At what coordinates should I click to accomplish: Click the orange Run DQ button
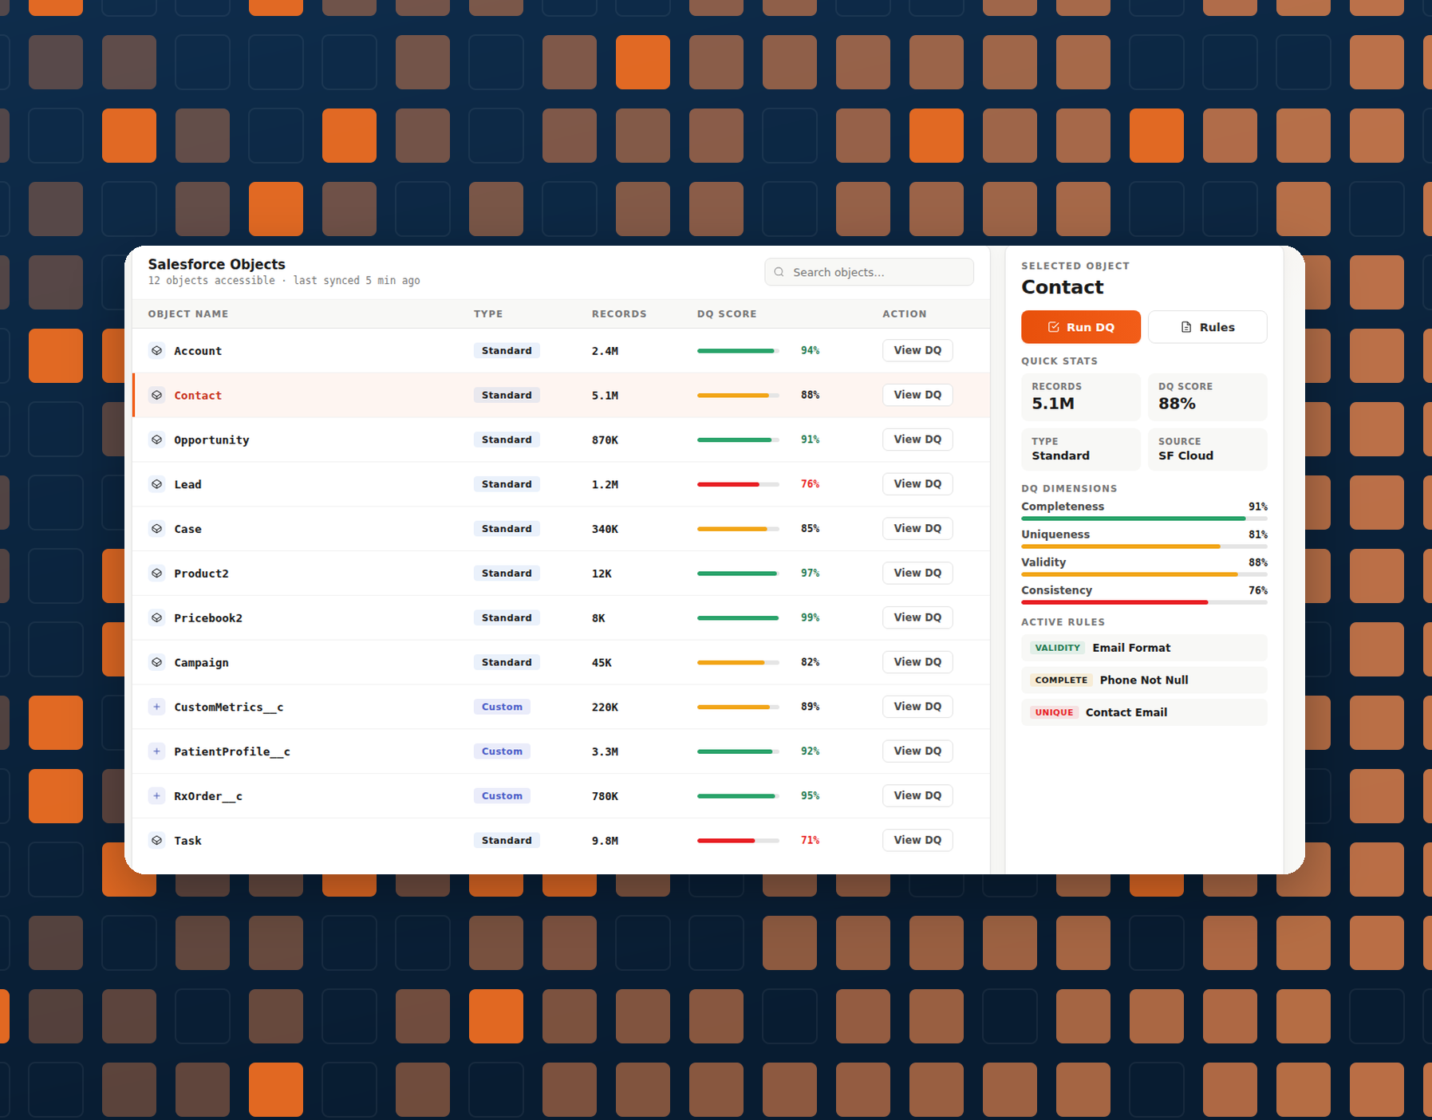(1080, 327)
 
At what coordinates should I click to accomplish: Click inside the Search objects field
(869, 272)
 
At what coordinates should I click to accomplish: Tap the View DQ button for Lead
(917, 484)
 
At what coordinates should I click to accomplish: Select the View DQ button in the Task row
(917, 840)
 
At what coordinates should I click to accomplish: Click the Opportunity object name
(211, 440)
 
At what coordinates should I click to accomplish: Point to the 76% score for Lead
(810, 484)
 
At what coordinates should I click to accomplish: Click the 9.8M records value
(605, 841)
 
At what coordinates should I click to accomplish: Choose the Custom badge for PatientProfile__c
(502, 751)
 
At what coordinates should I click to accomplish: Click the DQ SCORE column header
(727, 314)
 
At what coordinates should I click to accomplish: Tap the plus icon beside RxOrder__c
(157, 796)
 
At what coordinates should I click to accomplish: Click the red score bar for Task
(726, 841)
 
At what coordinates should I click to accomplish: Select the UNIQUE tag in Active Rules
(1054, 712)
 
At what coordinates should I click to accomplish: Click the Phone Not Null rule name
(1144, 680)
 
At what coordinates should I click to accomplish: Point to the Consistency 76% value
(1258, 590)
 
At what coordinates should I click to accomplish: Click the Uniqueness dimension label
(1055, 534)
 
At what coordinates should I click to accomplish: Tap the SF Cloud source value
(1185, 455)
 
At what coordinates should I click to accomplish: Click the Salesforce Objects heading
(216, 264)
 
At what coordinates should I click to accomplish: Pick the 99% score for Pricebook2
(810, 617)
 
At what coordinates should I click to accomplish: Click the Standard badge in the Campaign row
(507, 662)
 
